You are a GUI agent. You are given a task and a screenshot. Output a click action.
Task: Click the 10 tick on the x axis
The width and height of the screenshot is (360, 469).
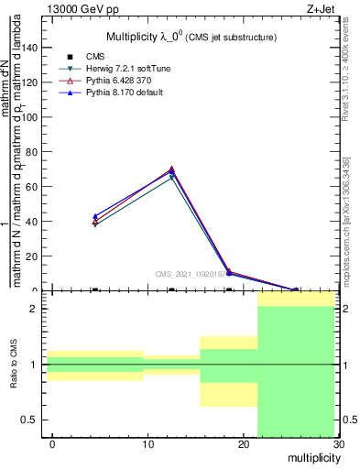click(x=147, y=444)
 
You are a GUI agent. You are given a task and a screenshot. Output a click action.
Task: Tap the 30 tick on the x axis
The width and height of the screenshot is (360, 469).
click(x=338, y=444)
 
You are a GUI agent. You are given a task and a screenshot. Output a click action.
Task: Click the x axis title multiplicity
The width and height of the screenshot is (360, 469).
click(x=312, y=456)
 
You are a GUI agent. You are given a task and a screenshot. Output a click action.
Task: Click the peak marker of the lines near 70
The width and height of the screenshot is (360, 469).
click(x=171, y=169)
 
